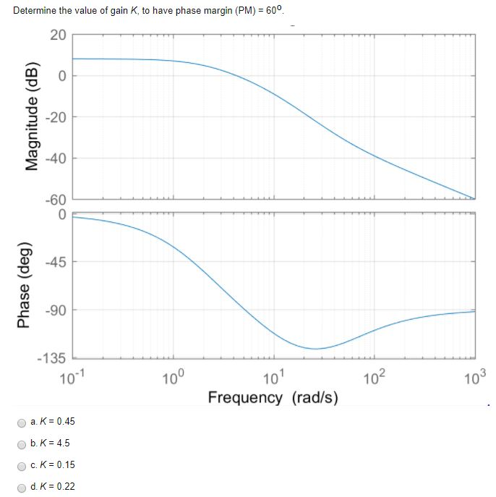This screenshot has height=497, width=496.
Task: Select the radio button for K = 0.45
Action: click(x=22, y=422)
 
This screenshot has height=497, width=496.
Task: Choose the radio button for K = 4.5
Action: click(x=22, y=443)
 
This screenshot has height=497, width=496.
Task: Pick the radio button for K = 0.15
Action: click(x=22, y=465)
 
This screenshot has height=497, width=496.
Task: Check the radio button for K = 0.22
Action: click(x=22, y=487)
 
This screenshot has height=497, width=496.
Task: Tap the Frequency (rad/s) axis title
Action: click(x=273, y=397)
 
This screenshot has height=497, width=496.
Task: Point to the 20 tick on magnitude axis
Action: click(x=58, y=35)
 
